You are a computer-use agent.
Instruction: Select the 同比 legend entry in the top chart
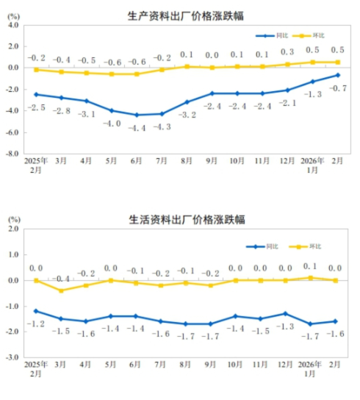[x=276, y=35]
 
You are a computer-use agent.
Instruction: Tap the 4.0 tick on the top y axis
[x=13, y=24]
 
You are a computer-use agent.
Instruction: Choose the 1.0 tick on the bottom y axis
[x=13, y=254]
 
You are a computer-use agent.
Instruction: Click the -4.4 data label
[x=137, y=127]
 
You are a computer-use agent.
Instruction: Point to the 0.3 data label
[x=287, y=52]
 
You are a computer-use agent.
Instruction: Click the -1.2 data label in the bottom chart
[x=36, y=324]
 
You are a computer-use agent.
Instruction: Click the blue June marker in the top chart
[x=137, y=115]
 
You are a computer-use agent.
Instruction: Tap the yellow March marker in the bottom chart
[x=61, y=290]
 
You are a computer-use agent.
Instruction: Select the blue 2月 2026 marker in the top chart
[x=338, y=75]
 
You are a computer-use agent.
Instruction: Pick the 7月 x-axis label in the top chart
[x=162, y=160]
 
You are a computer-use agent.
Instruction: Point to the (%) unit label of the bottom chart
[x=13, y=219]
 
